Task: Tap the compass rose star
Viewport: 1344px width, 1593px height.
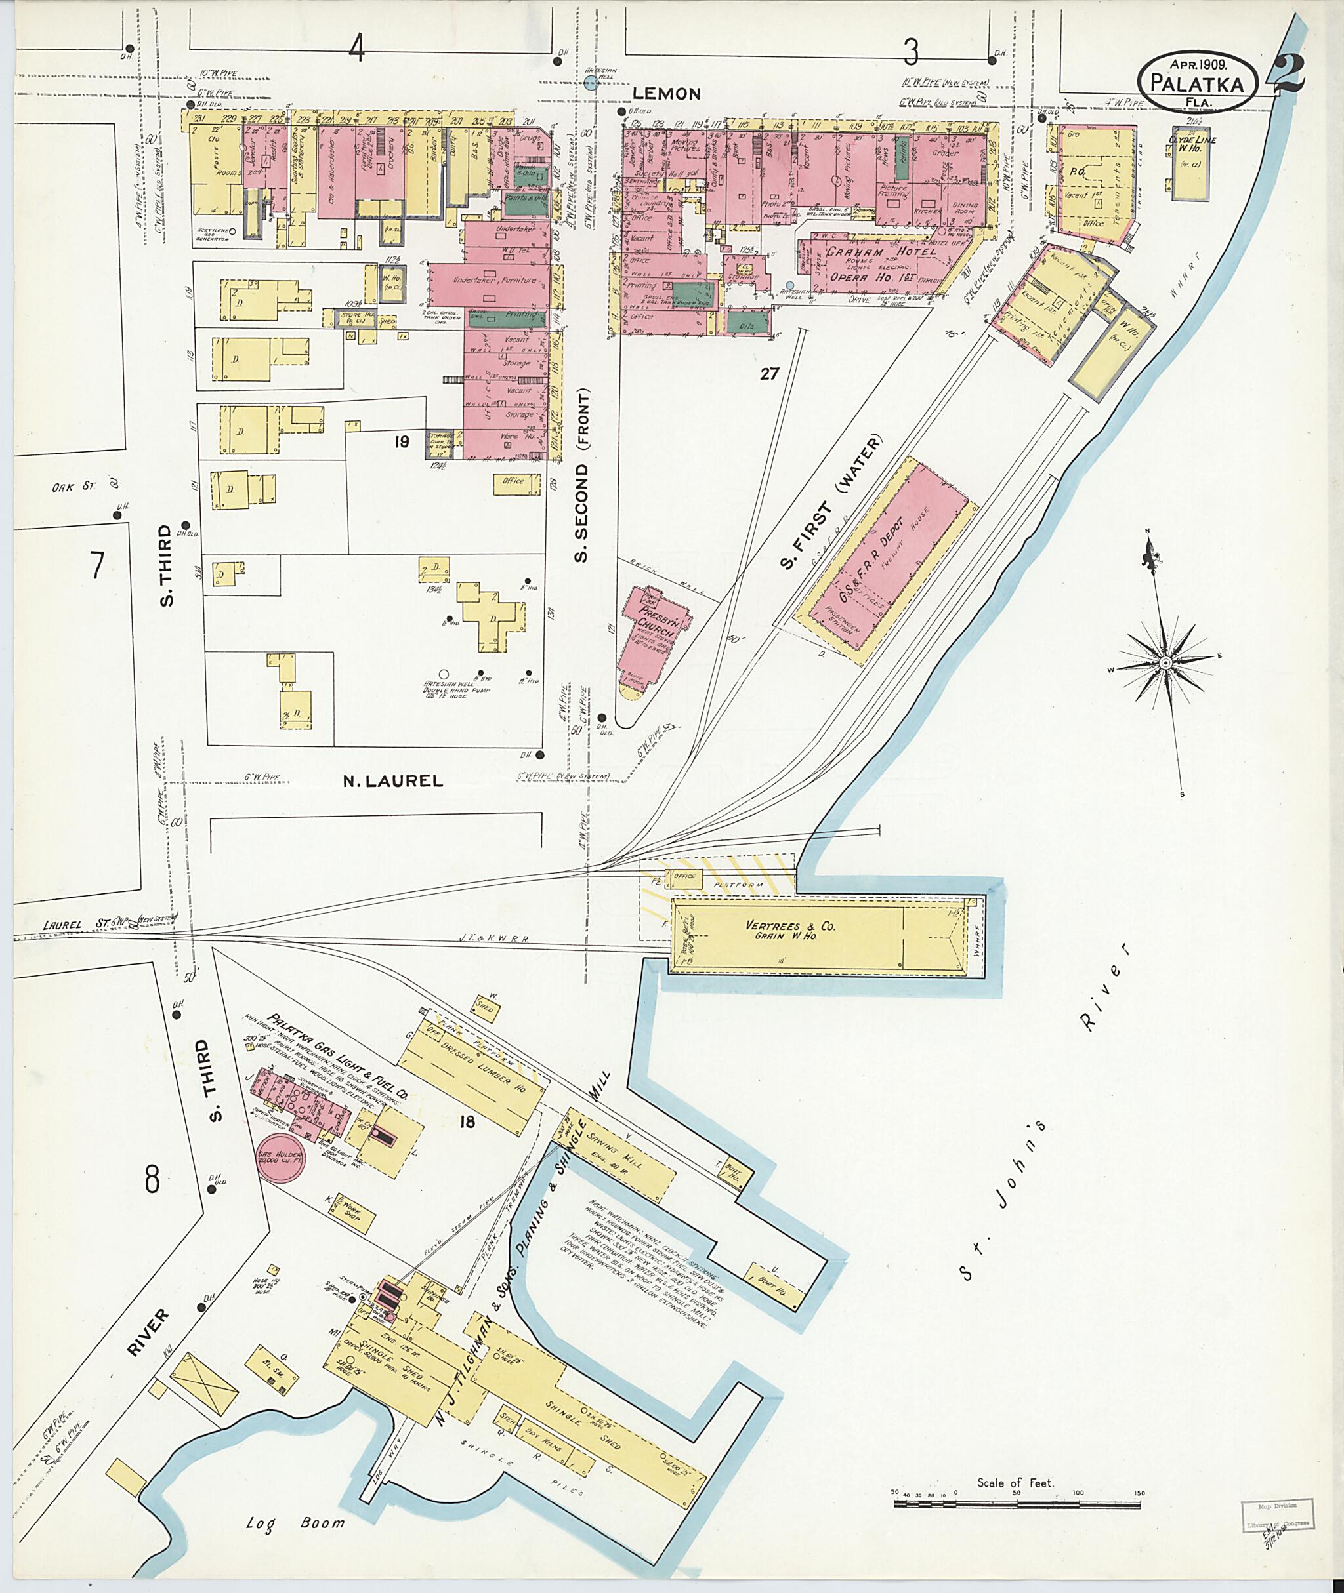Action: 1165,664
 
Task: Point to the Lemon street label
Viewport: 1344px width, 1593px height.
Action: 667,94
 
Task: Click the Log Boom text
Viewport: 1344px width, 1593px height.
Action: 295,1522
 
